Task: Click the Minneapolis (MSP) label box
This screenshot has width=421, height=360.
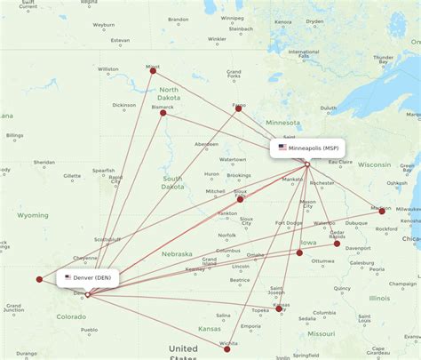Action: click(307, 148)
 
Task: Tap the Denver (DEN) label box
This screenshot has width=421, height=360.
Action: click(89, 277)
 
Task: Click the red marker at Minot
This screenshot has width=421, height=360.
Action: click(153, 70)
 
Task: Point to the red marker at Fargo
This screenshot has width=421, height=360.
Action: click(238, 109)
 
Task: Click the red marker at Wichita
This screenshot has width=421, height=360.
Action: click(227, 349)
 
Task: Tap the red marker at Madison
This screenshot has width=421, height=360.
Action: click(383, 211)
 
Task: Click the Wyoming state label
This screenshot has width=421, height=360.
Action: click(33, 215)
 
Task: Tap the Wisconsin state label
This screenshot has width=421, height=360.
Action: click(374, 164)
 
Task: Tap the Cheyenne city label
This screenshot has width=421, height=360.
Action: click(86, 258)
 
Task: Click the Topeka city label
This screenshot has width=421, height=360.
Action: click(259, 310)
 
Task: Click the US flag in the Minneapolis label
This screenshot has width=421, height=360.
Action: click(282, 148)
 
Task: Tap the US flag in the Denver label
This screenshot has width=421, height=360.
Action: click(68, 277)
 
